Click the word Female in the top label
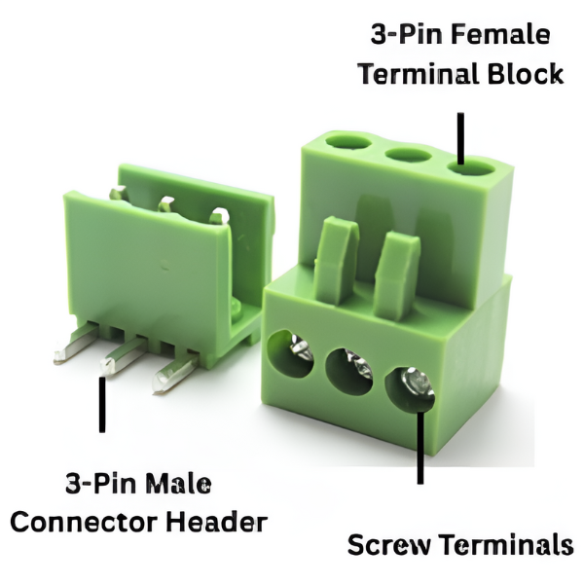click(502, 35)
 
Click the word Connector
click(84, 523)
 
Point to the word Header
click(217, 522)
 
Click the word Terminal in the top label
click(419, 73)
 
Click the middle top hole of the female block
click(408, 155)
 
